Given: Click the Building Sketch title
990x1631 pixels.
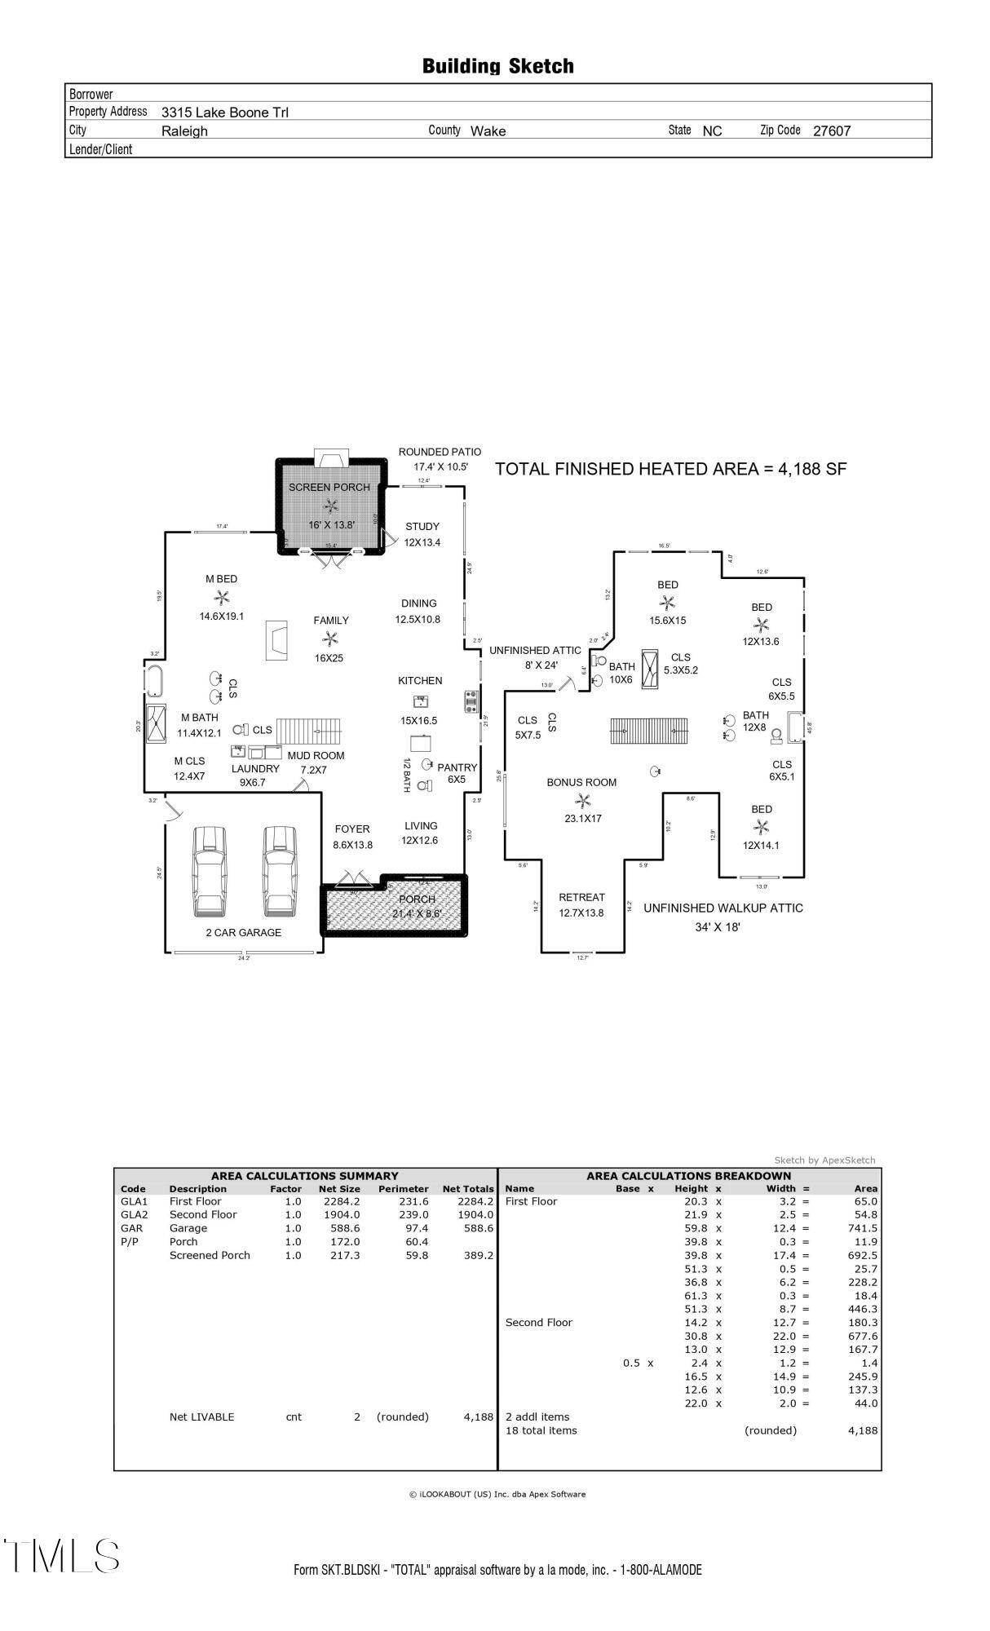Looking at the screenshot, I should tap(497, 66).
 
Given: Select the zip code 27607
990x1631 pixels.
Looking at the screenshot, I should tap(831, 130).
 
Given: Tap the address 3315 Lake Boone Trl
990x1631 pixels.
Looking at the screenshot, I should tap(224, 113).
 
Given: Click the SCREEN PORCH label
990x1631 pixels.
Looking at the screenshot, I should tap(329, 487).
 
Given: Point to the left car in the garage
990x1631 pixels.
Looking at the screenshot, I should tap(209, 872).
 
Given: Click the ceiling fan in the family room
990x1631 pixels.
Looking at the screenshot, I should tap(329, 639).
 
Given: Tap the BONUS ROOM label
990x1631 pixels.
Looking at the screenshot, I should tap(581, 782).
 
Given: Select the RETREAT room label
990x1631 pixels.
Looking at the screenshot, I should tap(581, 897).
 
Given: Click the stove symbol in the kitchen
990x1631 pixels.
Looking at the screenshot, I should tap(471, 701).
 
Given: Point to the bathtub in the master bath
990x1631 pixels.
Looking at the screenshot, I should tap(155, 679).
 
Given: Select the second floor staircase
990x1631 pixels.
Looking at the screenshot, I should tap(649, 730).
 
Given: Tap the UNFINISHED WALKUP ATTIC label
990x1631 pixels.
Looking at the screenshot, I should tap(723, 908).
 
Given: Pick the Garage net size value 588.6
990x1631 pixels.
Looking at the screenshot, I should tap(339, 1228).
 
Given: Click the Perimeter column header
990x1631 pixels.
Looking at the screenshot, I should tap(403, 1189).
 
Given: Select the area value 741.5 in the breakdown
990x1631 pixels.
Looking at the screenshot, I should tap(862, 1228).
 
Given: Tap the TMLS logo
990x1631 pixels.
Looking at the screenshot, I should tap(61, 1556).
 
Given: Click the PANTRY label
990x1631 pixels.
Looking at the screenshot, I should tap(457, 767).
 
